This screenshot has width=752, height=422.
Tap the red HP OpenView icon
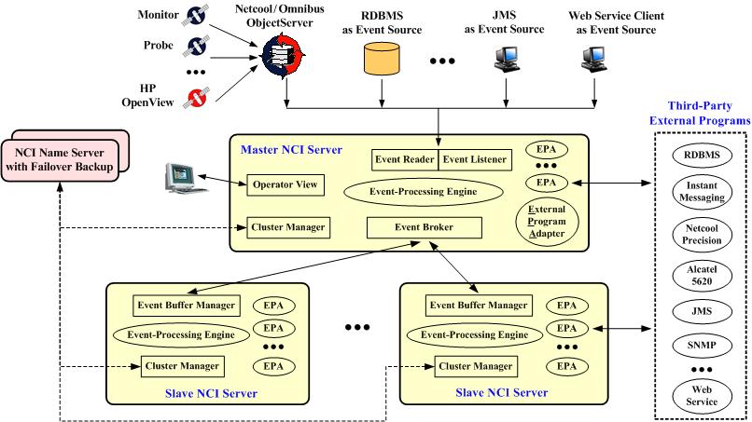point(195,98)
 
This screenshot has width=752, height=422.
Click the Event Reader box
point(405,159)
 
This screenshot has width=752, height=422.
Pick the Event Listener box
point(475,159)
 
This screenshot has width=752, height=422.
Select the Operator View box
point(285,184)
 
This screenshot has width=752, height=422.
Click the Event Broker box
point(425,227)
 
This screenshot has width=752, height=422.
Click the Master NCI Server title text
point(291,149)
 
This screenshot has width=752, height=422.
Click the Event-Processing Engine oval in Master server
point(425,192)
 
